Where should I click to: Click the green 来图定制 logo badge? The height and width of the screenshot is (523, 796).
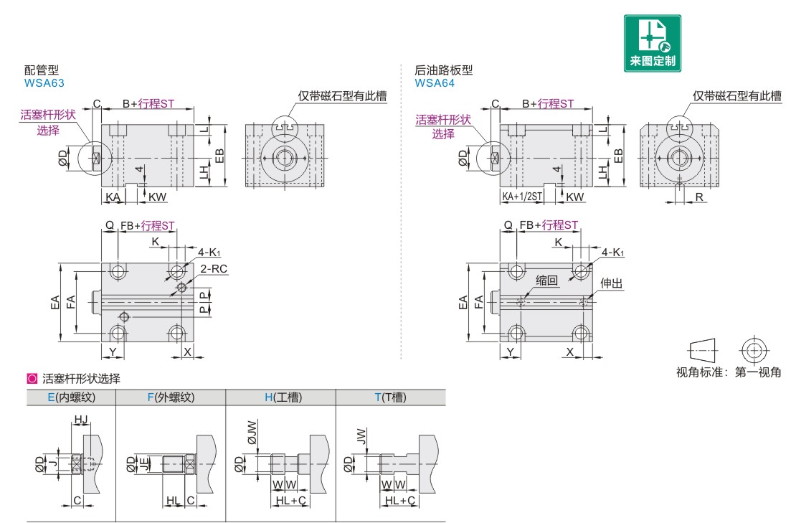(x=653, y=43)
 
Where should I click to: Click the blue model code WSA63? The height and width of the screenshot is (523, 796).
(x=44, y=83)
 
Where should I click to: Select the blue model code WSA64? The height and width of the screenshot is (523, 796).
(x=435, y=83)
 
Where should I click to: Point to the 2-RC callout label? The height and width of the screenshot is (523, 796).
(x=214, y=268)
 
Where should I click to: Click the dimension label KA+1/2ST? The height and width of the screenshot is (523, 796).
(x=522, y=197)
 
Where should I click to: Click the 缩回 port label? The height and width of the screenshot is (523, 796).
(x=546, y=281)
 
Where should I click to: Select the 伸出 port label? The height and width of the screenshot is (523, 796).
(x=611, y=284)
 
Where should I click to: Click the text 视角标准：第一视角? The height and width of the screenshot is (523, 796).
(x=729, y=372)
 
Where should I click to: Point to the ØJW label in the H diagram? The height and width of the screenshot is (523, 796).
(x=251, y=434)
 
